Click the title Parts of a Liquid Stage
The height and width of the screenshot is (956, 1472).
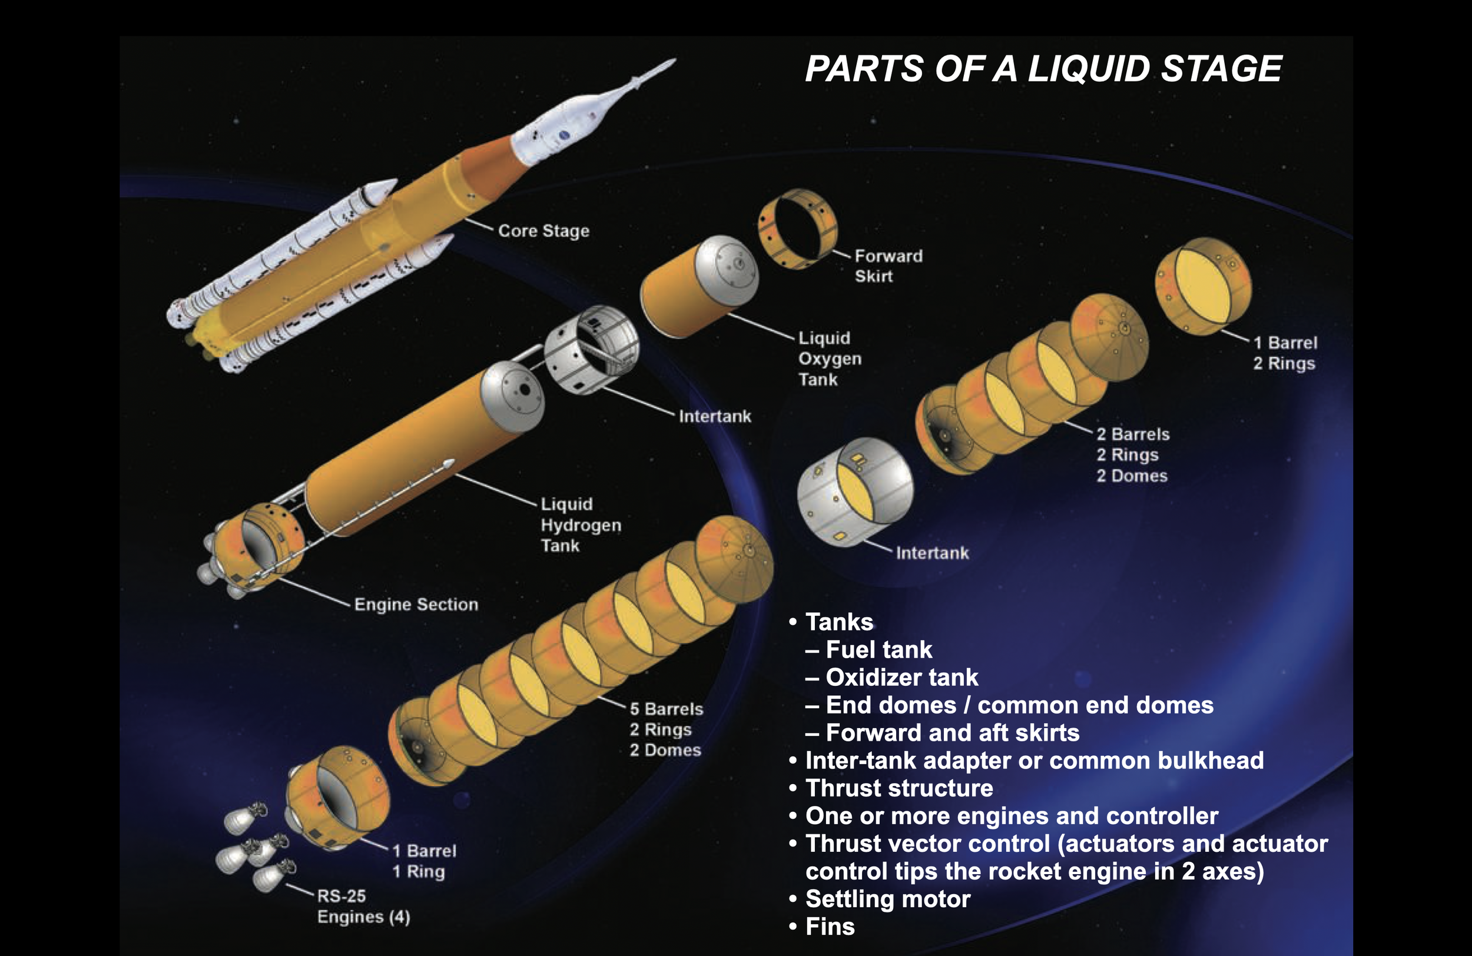(x=1043, y=68)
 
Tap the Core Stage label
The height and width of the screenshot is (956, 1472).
(x=543, y=231)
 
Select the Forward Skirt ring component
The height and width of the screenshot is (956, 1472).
(x=798, y=229)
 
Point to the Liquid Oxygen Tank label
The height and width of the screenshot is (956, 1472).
(x=829, y=358)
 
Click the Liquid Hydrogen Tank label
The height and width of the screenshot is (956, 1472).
(x=580, y=525)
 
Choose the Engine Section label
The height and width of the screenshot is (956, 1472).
(x=416, y=604)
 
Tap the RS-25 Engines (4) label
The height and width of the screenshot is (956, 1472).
(x=363, y=906)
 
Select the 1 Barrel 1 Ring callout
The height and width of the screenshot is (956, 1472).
(x=425, y=861)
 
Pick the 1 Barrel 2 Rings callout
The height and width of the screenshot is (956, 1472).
(x=1285, y=353)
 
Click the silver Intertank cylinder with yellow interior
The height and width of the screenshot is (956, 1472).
(x=855, y=492)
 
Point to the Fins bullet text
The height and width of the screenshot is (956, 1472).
(x=830, y=927)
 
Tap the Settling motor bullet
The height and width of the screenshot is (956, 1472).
(x=887, y=898)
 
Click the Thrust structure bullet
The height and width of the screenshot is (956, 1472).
(x=899, y=788)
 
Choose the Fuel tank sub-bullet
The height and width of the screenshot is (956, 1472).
(x=878, y=649)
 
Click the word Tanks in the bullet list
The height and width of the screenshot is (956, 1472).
(x=839, y=622)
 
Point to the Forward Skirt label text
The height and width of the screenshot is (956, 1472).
(x=888, y=266)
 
